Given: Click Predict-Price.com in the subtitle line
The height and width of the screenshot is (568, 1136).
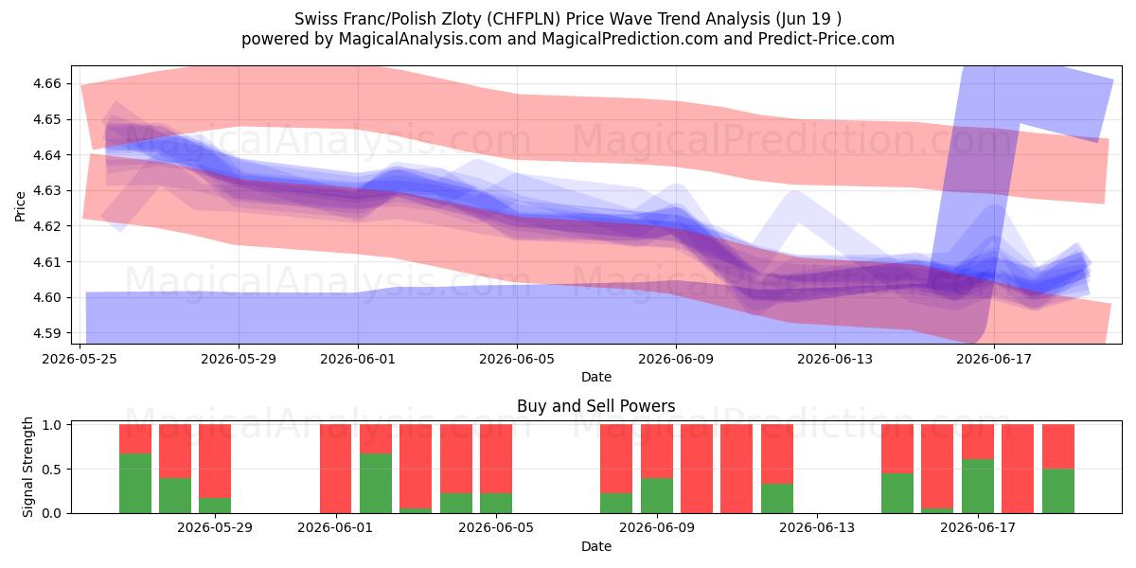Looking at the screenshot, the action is (x=826, y=39).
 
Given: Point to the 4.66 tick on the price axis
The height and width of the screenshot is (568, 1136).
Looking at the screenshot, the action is (x=46, y=83).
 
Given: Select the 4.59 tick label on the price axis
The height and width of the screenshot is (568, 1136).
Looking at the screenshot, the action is (x=46, y=333).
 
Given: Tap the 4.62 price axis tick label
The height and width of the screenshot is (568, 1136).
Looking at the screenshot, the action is (x=46, y=226).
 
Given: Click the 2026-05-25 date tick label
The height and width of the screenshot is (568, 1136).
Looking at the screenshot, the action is (x=80, y=359).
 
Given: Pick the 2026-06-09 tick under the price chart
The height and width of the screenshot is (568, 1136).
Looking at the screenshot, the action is (x=676, y=359).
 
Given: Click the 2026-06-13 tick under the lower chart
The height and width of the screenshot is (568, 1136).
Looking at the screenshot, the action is (x=817, y=527).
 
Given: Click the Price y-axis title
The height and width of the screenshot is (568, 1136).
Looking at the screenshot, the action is (x=20, y=206).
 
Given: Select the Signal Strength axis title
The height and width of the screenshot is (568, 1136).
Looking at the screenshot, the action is (x=27, y=467).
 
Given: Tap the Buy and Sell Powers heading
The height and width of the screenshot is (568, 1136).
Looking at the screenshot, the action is (x=595, y=406).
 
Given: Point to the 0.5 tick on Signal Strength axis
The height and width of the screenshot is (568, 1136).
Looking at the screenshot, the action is (x=51, y=470).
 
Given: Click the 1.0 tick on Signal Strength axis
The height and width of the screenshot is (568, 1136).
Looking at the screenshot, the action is (x=51, y=425).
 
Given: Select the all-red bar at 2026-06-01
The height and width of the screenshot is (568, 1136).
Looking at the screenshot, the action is (x=336, y=469).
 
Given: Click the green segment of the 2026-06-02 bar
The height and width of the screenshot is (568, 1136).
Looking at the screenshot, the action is (x=376, y=484).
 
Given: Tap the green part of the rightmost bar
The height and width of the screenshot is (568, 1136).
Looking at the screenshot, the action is (x=1058, y=491).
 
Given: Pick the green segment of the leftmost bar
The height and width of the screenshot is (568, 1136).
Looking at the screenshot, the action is (x=135, y=484).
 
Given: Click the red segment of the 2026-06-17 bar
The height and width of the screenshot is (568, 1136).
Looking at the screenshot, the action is (x=978, y=442).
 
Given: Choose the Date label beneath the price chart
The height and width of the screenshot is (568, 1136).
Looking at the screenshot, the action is (x=595, y=377).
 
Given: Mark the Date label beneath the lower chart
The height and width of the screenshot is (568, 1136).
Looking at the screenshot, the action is (x=595, y=546).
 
